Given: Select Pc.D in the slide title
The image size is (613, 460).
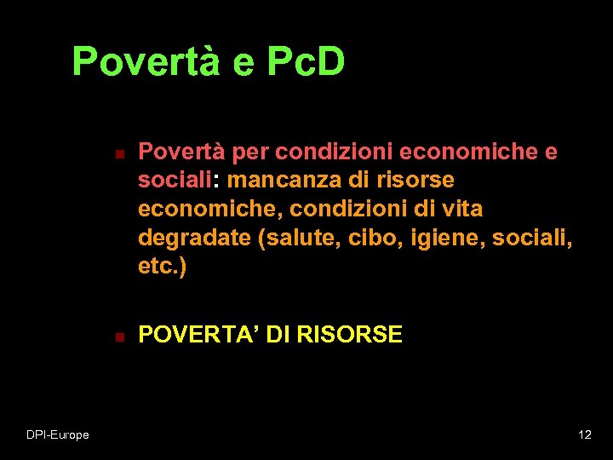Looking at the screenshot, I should (x=305, y=61).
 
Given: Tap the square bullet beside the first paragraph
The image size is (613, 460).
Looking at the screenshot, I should (x=120, y=155).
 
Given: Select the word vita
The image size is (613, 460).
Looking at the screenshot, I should (x=461, y=209).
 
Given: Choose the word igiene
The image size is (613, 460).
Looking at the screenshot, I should (x=443, y=238).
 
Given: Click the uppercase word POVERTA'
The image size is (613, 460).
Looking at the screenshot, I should (x=198, y=335).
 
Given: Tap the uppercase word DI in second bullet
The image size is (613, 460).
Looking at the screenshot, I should (x=278, y=335).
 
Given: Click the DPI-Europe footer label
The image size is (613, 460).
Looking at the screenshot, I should (x=57, y=435).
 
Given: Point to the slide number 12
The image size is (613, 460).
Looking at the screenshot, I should (x=584, y=435).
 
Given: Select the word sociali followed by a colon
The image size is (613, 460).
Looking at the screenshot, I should (x=178, y=181).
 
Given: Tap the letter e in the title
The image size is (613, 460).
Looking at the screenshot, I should (x=242, y=61).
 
